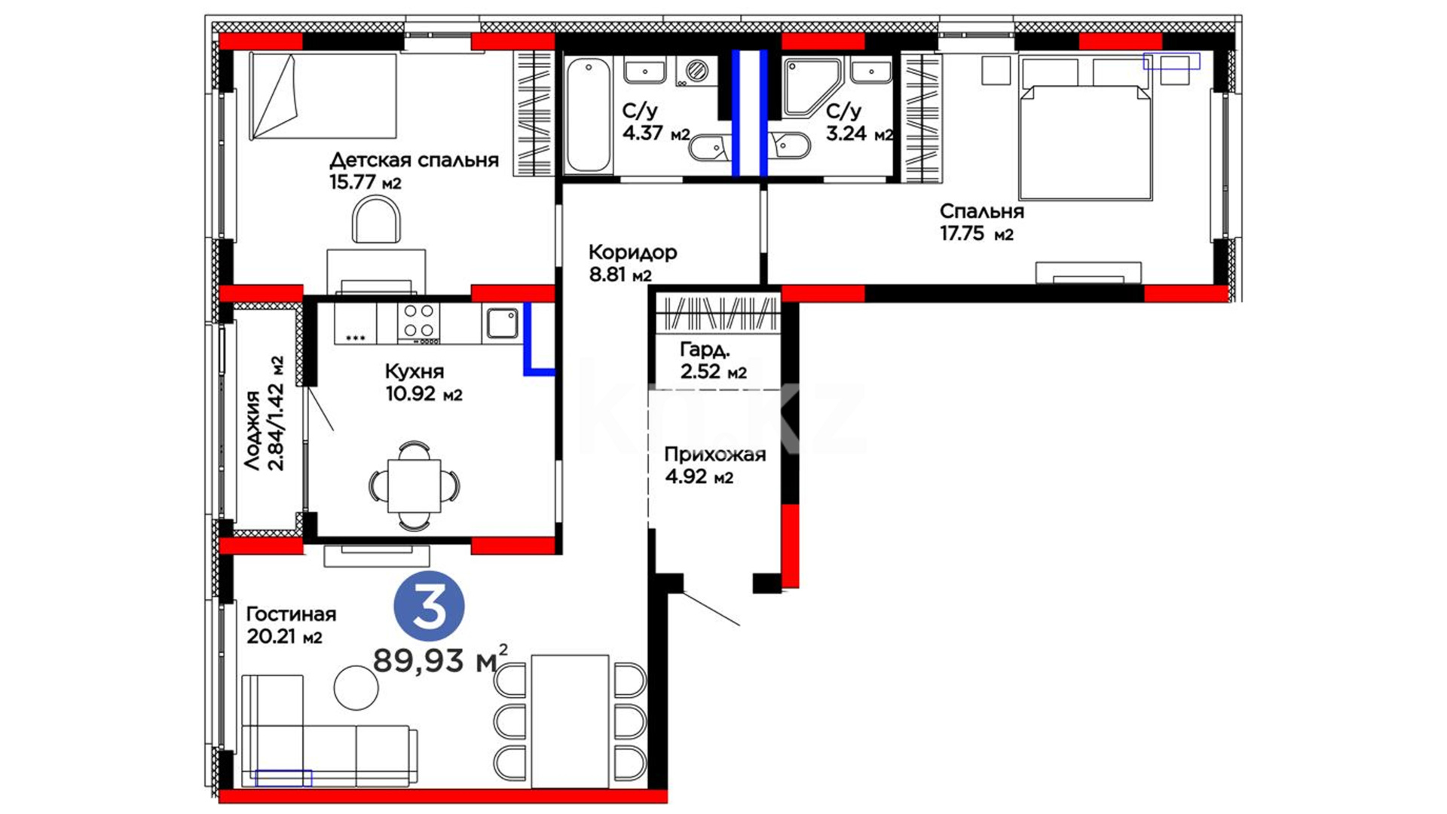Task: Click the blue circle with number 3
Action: coord(429,607)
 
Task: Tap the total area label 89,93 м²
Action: coord(440,660)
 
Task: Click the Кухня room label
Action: coord(415,372)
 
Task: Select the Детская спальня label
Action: coord(414,161)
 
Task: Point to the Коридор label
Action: coord(632,252)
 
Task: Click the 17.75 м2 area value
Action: coord(976,234)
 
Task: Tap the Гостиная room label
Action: coord(291,614)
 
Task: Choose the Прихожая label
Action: coord(714,454)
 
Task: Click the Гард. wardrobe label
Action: coord(705,350)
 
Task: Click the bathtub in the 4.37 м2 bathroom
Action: coord(589,115)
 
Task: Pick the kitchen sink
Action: coord(502,323)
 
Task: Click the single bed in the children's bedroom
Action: coord(323,96)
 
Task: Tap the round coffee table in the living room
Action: coord(356,687)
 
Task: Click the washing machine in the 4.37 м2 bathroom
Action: coord(696,72)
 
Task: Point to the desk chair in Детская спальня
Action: coord(376,220)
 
